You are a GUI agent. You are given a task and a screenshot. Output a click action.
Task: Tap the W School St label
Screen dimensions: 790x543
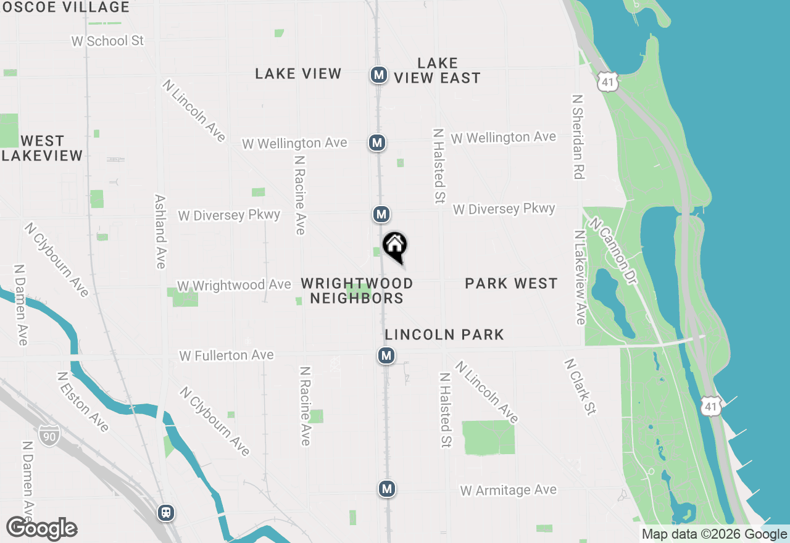coord(107,41)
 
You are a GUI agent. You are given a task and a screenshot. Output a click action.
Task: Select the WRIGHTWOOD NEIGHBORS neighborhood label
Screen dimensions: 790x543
coord(357,291)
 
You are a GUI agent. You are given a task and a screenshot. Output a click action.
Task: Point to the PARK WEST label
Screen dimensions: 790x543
coord(511,283)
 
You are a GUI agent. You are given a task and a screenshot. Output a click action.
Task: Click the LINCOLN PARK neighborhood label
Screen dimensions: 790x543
coord(444,334)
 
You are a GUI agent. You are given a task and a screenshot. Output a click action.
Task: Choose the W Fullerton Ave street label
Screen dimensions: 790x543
coord(226,355)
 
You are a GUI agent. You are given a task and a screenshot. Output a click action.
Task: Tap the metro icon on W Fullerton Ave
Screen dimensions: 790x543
coord(386,355)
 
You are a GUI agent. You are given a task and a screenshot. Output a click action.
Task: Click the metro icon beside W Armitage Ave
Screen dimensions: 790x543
coord(386,489)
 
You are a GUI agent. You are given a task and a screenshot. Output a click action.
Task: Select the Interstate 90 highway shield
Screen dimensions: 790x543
coord(49,434)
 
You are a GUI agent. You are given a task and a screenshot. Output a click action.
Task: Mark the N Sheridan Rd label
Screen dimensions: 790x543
coord(578,137)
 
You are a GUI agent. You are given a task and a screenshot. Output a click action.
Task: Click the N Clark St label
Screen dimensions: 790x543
coord(581,387)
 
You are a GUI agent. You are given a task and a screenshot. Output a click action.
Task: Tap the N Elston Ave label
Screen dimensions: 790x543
coord(82,402)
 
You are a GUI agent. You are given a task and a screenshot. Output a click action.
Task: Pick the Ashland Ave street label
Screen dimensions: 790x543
coord(160,231)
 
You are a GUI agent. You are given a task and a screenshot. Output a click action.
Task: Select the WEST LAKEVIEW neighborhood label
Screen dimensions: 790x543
coord(42,148)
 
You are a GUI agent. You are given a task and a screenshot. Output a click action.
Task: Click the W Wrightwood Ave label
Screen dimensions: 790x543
coord(234,285)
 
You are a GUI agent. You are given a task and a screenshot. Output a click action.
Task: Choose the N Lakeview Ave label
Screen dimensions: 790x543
coord(580,277)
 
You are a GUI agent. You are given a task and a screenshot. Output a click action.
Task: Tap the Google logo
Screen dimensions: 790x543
coord(41,528)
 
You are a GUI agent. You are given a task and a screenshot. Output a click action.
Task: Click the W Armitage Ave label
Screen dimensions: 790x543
coord(508,491)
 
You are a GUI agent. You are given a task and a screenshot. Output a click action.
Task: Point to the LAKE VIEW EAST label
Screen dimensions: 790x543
coord(437,70)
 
